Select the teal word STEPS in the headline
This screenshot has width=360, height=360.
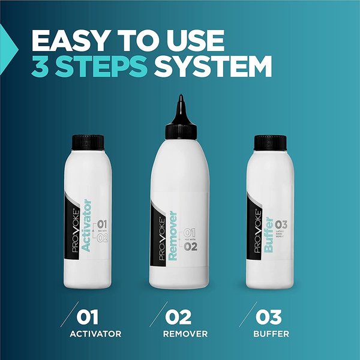pyautogui.click(x=103, y=68)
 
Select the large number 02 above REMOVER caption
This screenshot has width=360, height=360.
pyautogui.click(x=181, y=316)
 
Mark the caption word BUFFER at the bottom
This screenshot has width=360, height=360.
pyautogui.click(x=274, y=334)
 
